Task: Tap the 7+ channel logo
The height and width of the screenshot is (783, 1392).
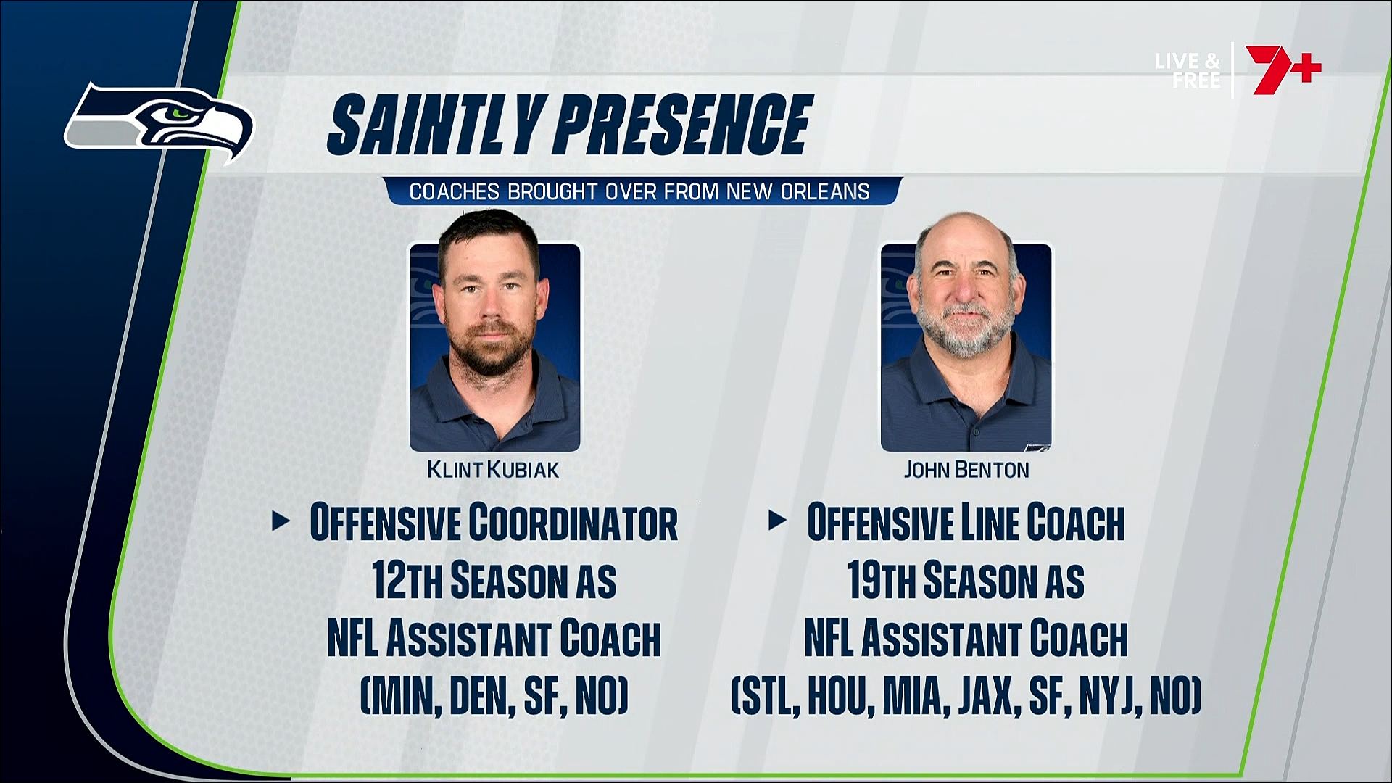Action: (x=1283, y=70)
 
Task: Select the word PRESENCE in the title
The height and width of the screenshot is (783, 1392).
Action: (x=682, y=125)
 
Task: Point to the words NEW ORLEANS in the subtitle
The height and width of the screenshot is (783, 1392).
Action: (x=798, y=191)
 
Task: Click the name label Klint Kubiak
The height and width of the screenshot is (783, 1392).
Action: (x=493, y=470)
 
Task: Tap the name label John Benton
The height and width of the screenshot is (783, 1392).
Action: (x=966, y=470)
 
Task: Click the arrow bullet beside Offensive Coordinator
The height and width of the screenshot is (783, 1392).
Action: (x=281, y=521)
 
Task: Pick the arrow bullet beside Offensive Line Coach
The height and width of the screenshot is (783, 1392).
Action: (x=777, y=521)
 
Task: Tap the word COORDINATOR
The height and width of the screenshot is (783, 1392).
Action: (x=573, y=522)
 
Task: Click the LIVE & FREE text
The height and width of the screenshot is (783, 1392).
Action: (x=1188, y=70)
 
